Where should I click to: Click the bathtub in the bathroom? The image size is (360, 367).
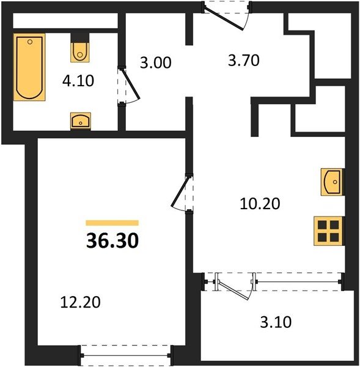click(x=29, y=67)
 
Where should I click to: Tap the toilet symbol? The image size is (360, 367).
click(x=80, y=52)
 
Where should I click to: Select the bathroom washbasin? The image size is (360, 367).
click(x=81, y=120)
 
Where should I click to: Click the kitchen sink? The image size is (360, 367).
click(x=332, y=182)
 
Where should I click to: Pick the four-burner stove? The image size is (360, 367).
click(x=328, y=231)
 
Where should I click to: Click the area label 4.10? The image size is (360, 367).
click(x=78, y=81)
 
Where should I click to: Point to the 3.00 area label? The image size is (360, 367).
click(x=156, y=63)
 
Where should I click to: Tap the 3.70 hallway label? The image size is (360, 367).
click(x=243, y=61)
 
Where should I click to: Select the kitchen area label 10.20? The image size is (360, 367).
click(x=260, y=204)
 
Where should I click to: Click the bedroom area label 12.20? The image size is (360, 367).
click(x=80, y=302)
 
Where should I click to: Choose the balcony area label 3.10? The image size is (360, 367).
click(x=276, y=322)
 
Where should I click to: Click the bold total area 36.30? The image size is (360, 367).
click(x=112, y=241)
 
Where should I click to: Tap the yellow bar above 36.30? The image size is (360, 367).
click(x=112, y=223)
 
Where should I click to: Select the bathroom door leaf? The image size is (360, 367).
click(x=131, y=83)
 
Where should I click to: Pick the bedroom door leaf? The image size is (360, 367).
click(x=180, y=191)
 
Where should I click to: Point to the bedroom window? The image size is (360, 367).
click(x=126, y=355)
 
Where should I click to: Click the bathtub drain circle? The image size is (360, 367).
click(x=30, y=42)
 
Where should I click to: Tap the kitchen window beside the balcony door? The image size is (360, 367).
click(x=298, y=281)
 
